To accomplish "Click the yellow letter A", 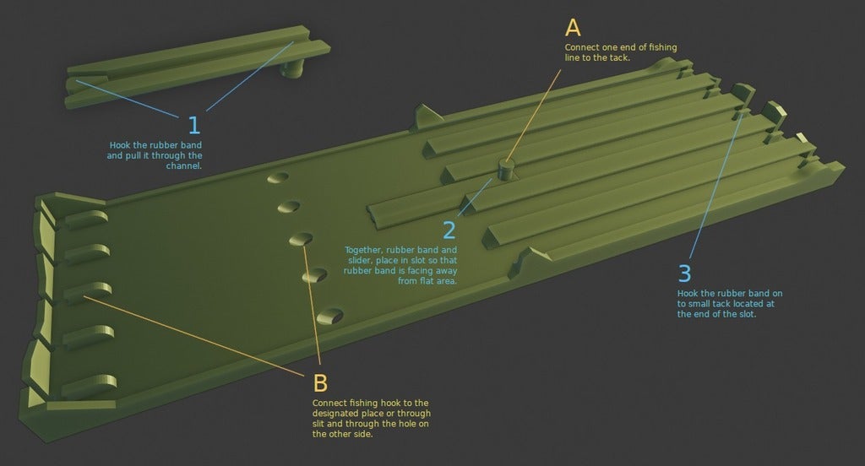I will tap(574, 26).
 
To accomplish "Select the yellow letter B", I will tap(320, 382).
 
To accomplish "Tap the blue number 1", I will tap(194, 126).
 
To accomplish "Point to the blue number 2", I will tap(449, 229).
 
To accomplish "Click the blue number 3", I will tap(685, 274).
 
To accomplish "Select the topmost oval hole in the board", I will tap(276, 178).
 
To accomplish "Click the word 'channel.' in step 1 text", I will tap(186, 166).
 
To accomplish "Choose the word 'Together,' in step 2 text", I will tap(365, 251).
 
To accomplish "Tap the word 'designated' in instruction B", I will tap(335, 414).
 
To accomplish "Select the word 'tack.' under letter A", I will tap(619, 58).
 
